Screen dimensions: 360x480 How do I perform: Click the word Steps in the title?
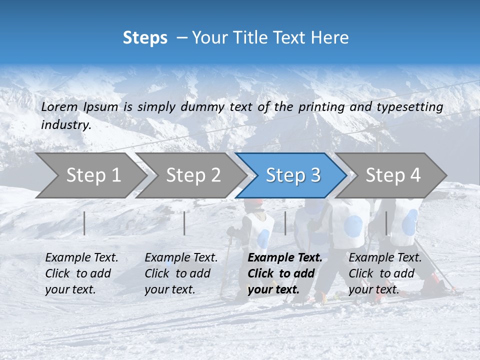(x=145, y=38)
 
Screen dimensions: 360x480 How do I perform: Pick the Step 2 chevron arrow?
(x=193, y=175)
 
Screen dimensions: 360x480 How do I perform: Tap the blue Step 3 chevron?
(x=293, y=175)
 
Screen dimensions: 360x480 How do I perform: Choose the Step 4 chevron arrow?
(x=393, y=175)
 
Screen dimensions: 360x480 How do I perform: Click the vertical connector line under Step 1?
(x=84, y=223)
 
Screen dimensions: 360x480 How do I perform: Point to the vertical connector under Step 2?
(x=184, y=223)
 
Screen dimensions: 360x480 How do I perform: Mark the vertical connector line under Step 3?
(x=285, y=223)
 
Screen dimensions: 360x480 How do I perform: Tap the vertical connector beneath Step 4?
(x=386, y=223)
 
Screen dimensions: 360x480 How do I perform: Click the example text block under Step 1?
(x=81, y=273)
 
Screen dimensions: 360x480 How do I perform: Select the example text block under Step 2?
(x=181, y=273)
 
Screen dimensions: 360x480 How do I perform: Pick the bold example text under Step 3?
(x=284, y=273)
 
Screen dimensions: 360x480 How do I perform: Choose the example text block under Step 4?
(x=385, y=273)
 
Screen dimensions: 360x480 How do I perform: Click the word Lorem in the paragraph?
(x=59, y=106)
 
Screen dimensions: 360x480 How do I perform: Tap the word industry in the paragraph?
(x=65, y=124)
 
